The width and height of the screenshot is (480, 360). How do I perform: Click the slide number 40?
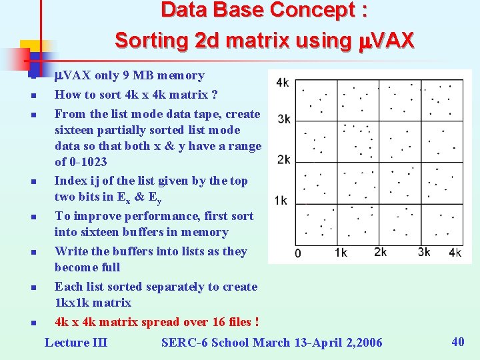click(x=458, y=341)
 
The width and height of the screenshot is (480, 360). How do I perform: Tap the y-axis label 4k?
click(x=283, y=83)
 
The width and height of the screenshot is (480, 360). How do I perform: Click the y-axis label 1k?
click(x=281, y=200)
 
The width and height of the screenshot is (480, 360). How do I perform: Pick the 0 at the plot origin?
click(x=297, y=253)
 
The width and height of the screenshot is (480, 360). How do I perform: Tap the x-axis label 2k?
click(x=380, y=252)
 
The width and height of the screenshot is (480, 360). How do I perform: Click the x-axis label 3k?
click(x=424, y=252)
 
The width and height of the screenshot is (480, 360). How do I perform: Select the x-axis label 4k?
click(x=455, y=253)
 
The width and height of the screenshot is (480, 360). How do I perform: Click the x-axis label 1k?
click(x=340, y=253)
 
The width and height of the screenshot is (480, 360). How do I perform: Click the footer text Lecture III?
click(x=75, y=343)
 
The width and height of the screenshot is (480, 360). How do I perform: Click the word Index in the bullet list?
click(x=71, y=181)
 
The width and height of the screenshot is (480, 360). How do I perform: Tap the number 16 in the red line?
click(x=219, y=322)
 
